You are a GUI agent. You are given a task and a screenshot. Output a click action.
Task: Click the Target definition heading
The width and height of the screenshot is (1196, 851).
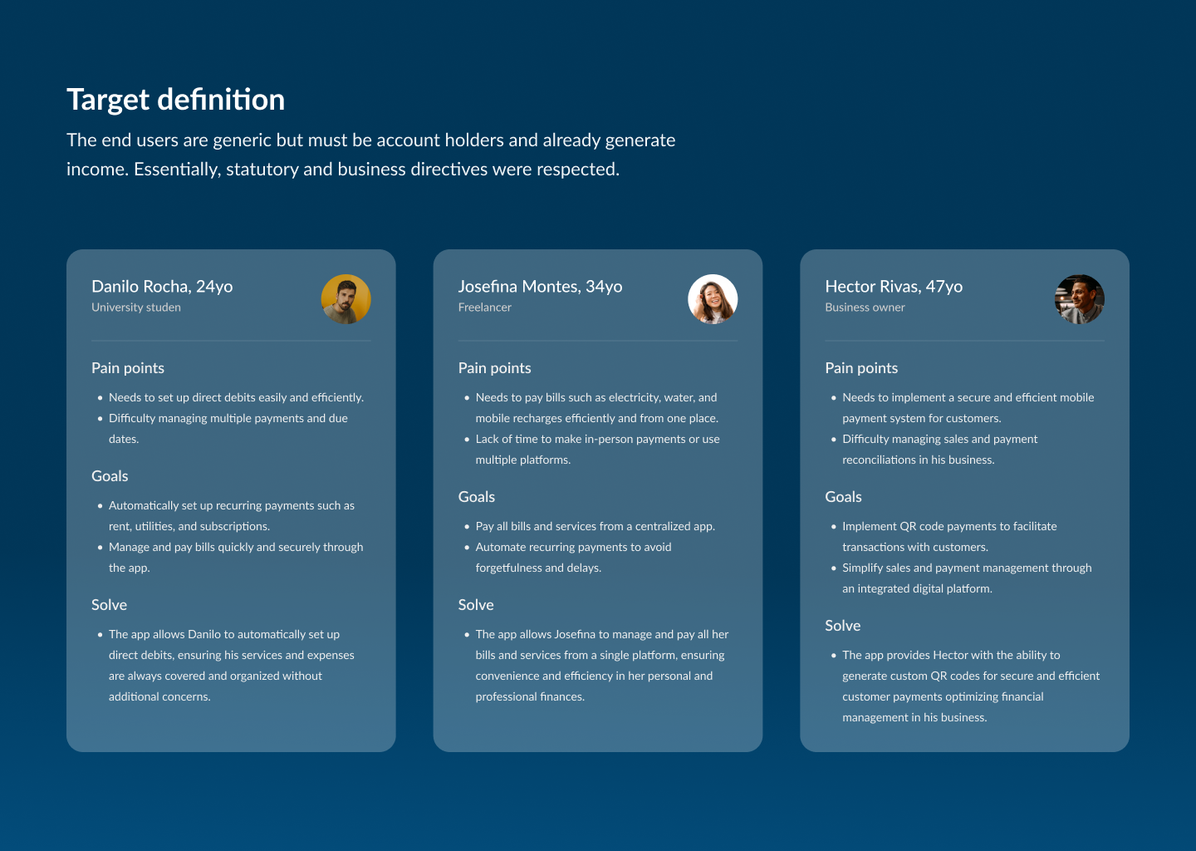pos(176,100)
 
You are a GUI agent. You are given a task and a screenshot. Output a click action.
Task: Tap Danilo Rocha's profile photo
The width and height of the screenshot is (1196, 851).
pos(346,299)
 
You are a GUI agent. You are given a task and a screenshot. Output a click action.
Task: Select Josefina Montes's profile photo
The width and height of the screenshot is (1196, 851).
pos(713,299)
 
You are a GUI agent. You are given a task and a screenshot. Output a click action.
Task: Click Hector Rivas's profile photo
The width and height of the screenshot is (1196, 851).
pos(1080,299)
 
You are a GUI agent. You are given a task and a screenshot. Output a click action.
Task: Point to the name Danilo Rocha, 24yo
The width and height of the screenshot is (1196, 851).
pos(162,287)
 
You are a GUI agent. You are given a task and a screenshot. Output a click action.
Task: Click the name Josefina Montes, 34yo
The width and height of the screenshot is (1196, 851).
pos(541,287)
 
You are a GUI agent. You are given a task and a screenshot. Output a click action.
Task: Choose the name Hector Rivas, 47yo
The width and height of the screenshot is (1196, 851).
pos(894,287)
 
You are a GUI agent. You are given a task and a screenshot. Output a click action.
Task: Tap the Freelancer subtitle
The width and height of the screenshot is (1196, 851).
pos(485,307)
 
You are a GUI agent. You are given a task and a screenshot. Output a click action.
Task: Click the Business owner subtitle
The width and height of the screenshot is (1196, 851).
pos(865,307)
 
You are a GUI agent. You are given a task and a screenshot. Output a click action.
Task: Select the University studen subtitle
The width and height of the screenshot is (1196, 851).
pos(136,307)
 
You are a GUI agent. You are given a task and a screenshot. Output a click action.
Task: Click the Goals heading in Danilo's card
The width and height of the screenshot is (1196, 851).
pos(110,476)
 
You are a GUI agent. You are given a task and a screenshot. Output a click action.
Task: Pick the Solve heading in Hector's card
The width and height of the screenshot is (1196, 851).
pos(842,626)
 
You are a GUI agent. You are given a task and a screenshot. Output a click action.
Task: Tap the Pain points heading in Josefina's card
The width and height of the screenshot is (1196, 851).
pos(494,369)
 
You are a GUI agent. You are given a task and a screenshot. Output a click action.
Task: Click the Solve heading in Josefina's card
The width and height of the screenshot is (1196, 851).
pos(476,605)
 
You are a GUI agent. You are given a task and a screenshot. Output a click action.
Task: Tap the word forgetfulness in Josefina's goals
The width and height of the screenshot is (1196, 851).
pos(512,568)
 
